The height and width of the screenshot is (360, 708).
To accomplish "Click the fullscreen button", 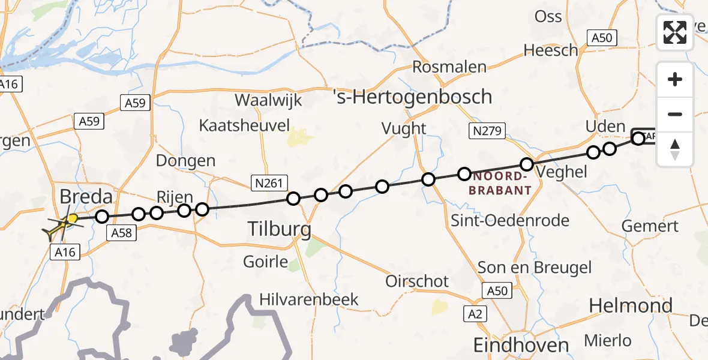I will tap(675, 32).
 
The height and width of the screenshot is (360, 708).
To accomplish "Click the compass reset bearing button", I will tap(675, 149).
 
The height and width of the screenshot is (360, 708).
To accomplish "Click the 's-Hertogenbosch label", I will tap(412, 97).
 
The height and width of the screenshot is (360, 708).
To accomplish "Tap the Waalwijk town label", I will tap(268, 100).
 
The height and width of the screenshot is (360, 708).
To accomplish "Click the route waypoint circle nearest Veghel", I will tap(527, 164).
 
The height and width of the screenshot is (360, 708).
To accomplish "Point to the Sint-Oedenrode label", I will tap(511, 221).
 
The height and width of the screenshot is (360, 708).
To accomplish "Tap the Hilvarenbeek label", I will tap(308, 299).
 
